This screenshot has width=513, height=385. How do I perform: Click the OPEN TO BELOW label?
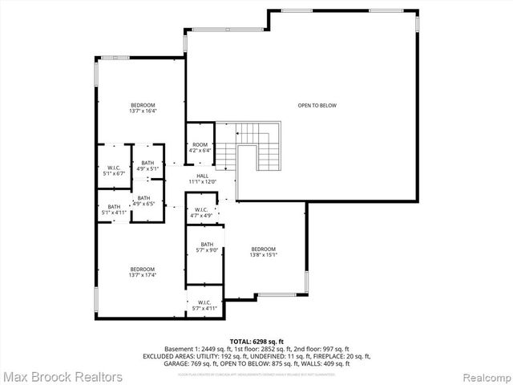click(317, 105)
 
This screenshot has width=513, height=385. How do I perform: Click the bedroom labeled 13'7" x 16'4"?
click(143, 108)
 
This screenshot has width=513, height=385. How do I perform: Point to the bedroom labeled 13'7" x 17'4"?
click(143, 272)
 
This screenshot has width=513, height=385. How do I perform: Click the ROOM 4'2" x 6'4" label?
click(200, 147)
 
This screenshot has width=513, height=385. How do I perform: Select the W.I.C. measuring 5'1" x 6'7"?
click(115, 170)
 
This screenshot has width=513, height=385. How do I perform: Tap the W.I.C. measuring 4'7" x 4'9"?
click(201, 213)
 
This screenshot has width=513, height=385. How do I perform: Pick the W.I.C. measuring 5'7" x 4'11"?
click(204, 306)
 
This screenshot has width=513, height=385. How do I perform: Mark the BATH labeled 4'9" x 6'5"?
click(143, 201)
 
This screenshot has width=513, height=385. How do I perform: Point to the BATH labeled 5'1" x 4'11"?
click(114, 209)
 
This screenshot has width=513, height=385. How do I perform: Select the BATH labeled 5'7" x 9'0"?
click(207, 247)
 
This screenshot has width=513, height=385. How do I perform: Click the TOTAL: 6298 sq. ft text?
click(256, 341)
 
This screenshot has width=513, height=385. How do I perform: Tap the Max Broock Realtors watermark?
click(63, 376)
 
